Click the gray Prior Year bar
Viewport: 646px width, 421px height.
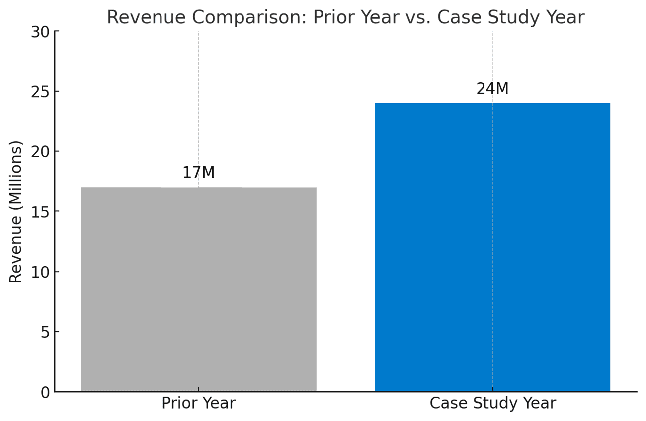(199, 289)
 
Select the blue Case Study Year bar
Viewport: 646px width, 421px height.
(492, 247)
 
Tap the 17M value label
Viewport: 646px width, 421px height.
(199, 173)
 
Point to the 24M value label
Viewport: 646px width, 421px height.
(492, 89)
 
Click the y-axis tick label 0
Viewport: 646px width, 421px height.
(45, 392)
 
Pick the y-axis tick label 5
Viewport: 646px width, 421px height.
(45, 332)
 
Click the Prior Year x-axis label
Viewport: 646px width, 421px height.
(199, 403)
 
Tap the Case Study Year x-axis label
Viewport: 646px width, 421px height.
(492, 403)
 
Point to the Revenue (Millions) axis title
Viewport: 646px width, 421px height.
(16, 212)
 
